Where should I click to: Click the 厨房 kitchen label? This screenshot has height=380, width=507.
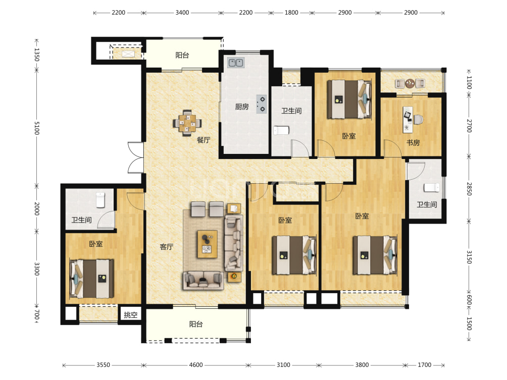[x=241, y=106]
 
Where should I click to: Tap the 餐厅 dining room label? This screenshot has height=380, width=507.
[x=204, y=140]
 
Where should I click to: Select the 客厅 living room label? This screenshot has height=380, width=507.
[x=167, y=247]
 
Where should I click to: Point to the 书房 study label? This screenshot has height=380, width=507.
[x=413, y=142]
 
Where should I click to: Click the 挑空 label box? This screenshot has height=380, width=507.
[x=131, y=314]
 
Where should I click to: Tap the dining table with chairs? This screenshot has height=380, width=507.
[x=187, y=123]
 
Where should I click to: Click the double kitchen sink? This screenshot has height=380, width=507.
[x=236, y=63]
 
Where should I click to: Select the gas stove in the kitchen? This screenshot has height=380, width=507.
[x=262, y=104]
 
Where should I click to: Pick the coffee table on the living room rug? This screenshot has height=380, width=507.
[x=207, y=244]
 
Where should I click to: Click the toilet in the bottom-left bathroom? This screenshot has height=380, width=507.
[x=100, y=200]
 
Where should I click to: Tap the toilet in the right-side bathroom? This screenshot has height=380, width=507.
[x=432, y=188]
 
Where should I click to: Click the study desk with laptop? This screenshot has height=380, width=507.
[x=408, y=120]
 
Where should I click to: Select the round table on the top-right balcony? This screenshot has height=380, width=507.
[x=410, y=83]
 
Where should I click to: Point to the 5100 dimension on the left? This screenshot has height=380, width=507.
[x=36, y=128]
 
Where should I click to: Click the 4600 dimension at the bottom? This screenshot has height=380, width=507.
[x=195, y=365]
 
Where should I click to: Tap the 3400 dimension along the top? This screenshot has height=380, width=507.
[x=182, y=13]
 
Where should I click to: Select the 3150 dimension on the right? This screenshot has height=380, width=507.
[x=469, y=257]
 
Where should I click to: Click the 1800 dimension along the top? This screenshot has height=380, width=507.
[x=291, y=13]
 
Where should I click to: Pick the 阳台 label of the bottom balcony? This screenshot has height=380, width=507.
[x=196, y=324]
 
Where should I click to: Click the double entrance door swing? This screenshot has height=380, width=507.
[x=135, y=157]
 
